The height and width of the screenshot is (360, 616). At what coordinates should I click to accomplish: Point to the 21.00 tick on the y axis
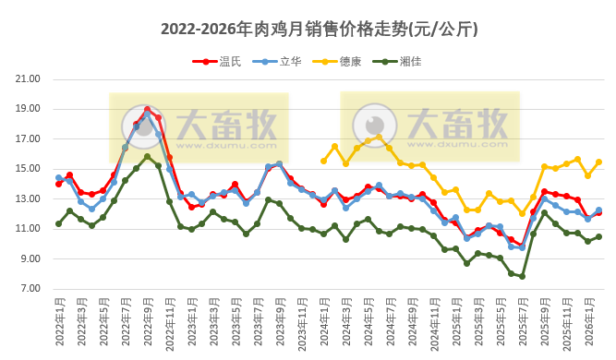click(29, 79)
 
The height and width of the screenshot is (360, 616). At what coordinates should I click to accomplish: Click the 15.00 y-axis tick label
click(29, 169)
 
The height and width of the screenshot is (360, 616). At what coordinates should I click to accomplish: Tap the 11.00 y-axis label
click(29, 229)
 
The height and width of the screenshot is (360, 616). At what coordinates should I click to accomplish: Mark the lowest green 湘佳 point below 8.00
click(522, 276)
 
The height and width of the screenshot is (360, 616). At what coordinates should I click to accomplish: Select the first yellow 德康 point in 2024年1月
click(323, 162)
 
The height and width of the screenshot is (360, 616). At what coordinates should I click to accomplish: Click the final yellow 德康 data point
click(598, 162)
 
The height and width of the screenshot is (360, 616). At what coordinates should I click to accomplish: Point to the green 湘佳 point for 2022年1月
click(58, 223)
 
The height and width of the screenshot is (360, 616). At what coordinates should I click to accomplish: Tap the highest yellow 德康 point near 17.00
click(379, 138)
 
